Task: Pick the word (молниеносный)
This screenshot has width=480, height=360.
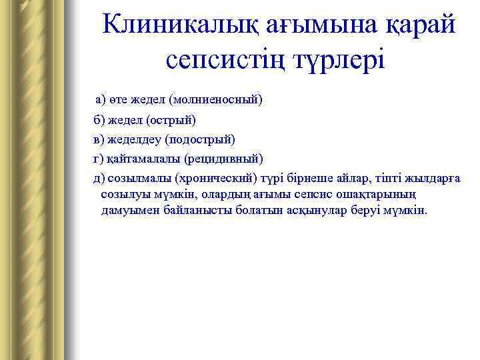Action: (x=216, y=100)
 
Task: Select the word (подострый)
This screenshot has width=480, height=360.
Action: (x=202, y=139)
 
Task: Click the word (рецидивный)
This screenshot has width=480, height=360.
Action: (x=224, y=159)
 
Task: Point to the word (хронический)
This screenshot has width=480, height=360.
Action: (x=215, y=178)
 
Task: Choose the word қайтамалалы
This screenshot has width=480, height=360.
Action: (x=143, y=159)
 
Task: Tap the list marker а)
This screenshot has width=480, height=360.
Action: (x=101, y=100)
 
